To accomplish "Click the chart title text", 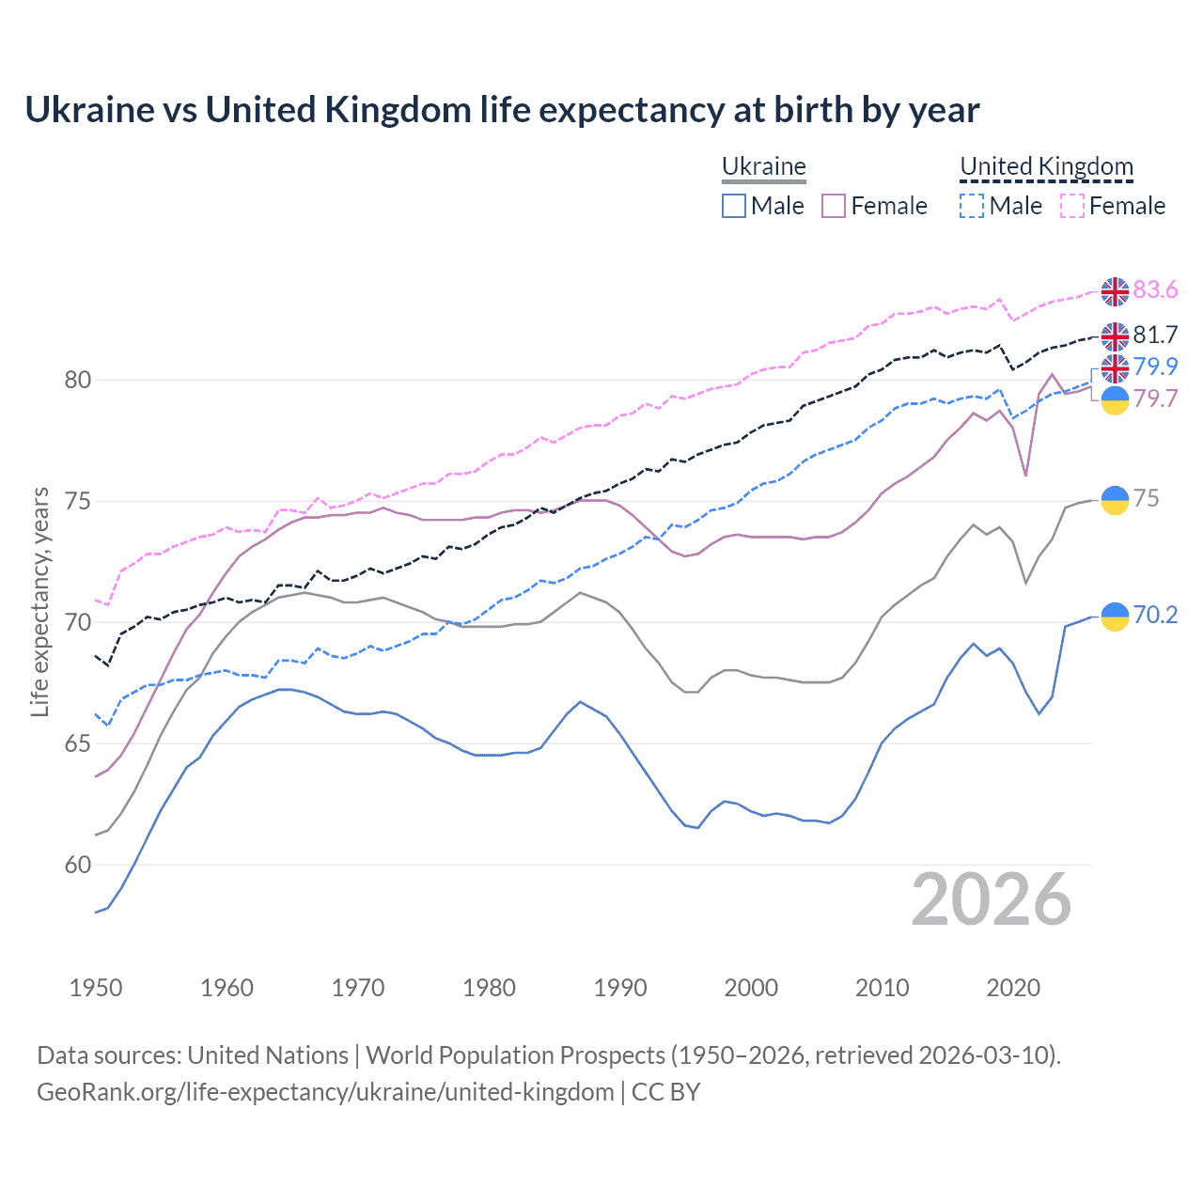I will pos(502,110).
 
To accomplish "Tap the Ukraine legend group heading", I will pos(763,166).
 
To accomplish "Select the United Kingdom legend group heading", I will pos(1046,166).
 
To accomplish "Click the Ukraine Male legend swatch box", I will pos(734,206).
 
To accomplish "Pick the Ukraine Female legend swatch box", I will pos(834,206).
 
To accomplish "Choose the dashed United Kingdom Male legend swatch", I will pos(972,206).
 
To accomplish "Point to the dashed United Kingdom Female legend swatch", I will pos(1072,206).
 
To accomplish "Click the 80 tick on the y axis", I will pos(77,381).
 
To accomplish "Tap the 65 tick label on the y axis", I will pos(77,744).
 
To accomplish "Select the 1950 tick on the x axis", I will pos(96,988).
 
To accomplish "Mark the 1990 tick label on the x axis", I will pos(620,988).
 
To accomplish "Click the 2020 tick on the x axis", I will pos(1013,988).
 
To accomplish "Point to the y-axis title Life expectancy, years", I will pos(39,601).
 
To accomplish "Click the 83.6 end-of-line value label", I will pos(1155,290).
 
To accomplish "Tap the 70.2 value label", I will pos(1155,615).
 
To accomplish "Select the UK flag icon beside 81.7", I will pos(1115,336).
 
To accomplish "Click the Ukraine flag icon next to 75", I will pos(1115,500).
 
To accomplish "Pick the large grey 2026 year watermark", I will pos(992,899).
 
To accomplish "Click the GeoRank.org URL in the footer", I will pos(325,1092).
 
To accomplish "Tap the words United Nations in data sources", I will pos(268,1055).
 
